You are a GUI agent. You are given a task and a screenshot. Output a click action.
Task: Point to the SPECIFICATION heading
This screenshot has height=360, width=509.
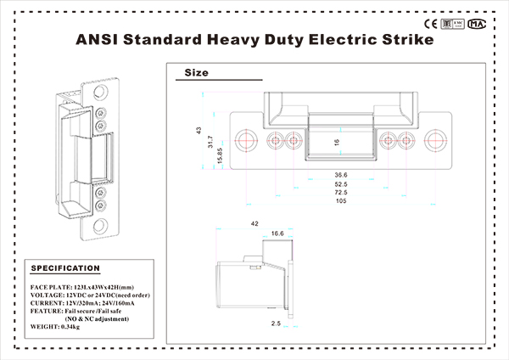[65, 268]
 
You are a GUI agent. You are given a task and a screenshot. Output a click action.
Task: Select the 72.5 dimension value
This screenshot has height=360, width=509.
[339, 193]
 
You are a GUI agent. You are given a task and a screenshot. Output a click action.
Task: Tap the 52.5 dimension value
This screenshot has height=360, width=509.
[339, 183]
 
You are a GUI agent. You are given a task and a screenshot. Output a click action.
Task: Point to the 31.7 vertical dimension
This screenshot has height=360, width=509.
[209, 146]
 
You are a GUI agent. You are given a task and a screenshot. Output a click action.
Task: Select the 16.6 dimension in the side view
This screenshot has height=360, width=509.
[278, 233]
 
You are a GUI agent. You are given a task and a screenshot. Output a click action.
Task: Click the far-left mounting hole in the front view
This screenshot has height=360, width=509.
[246, 140]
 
